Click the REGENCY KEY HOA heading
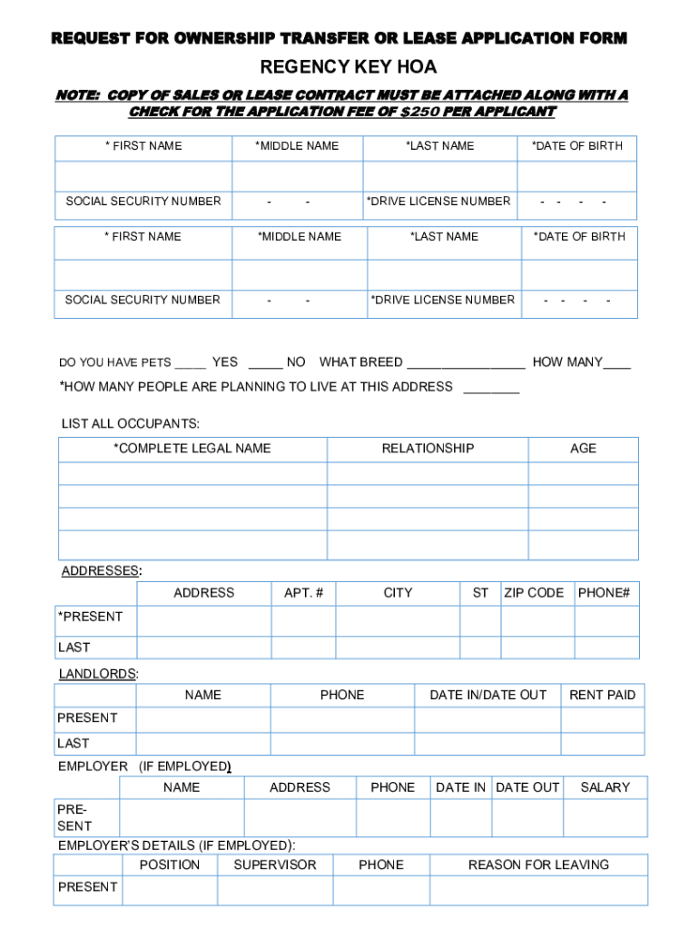pos(349,67)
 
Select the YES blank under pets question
pos(191,363)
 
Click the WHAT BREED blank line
pos(466,363)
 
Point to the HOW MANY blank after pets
pos(617,363)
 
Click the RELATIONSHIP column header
pos(428,448)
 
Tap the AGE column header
pos(583,448)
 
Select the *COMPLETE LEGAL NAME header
pos(192,448)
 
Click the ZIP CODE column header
pos(534,593)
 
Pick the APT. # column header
pos(303,593)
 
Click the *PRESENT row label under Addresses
pos(90,617)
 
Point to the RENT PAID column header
pos(602,695)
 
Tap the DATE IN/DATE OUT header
pos(487,695)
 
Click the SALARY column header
pos(605,787)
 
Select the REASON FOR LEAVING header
pos(538,865)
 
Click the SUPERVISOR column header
pos(275,865)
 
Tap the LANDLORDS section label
pos(98,674)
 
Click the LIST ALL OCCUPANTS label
pos(130,424)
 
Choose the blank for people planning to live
pos(491,389)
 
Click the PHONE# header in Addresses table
pos(604,593)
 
